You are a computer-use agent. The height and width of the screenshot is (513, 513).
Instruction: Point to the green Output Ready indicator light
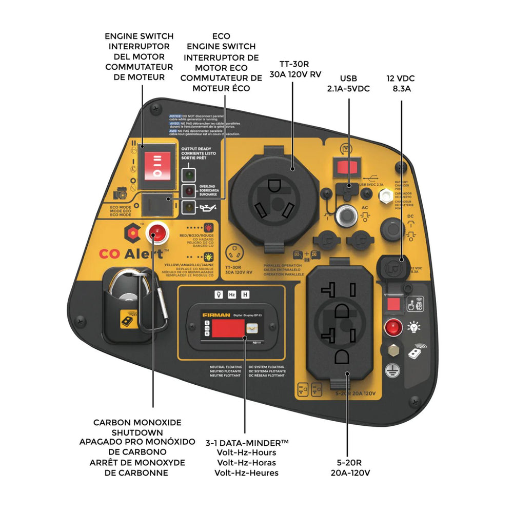click(190, 174)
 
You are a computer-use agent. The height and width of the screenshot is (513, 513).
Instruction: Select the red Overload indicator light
click(190, 191)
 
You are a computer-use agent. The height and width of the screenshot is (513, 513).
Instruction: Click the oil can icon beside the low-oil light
click(208, 208)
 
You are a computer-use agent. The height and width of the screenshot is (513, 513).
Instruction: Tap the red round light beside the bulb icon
click(393, 326)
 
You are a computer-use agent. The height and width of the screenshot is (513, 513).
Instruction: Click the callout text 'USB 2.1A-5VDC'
click(348, 84)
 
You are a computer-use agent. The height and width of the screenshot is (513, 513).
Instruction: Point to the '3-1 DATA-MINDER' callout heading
click(246, 443)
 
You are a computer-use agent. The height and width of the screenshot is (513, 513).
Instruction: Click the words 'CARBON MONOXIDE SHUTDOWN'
click(137, 427)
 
